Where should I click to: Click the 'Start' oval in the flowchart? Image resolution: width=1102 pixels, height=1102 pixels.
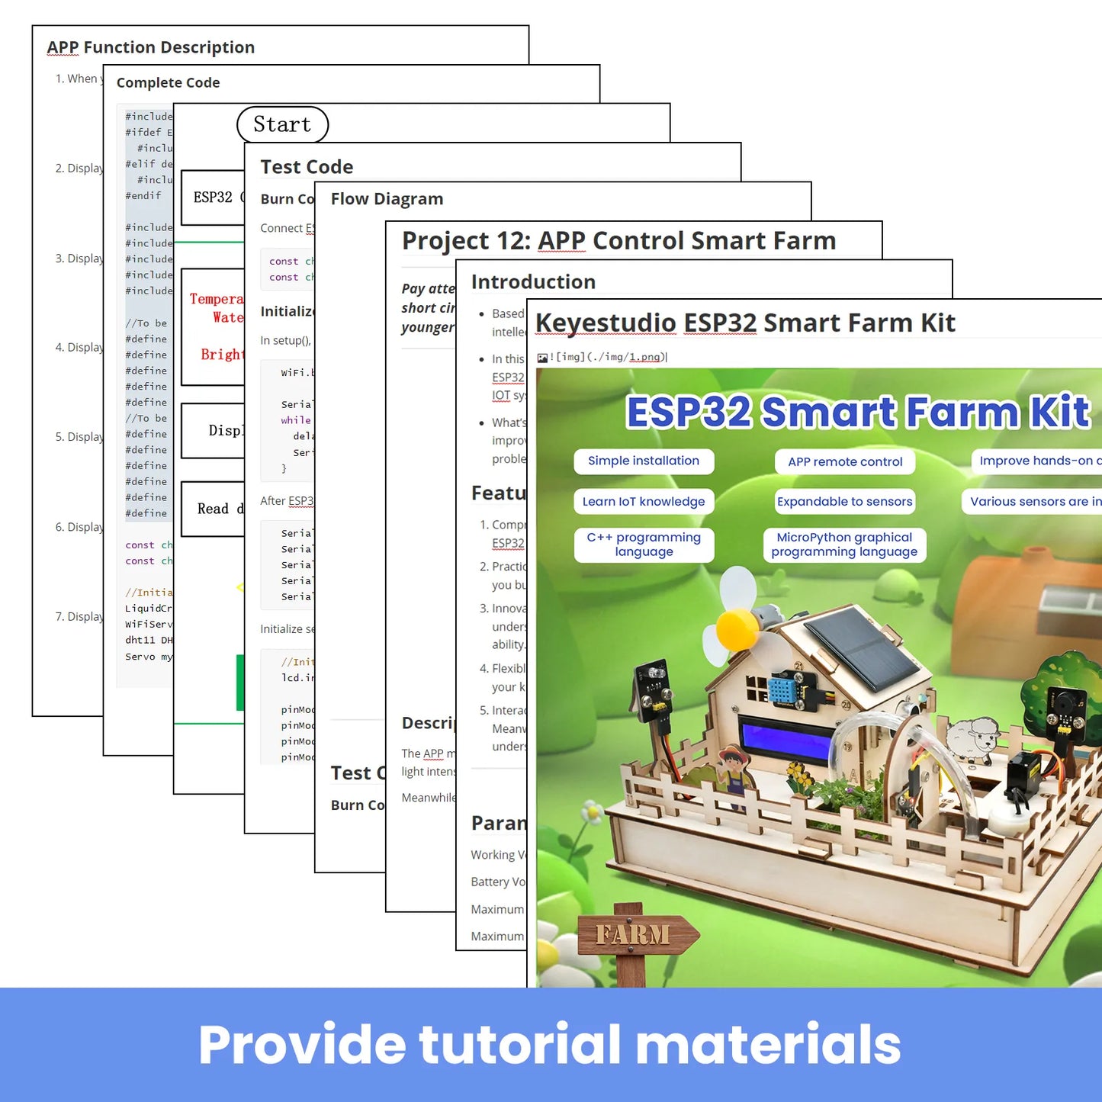point(282,124)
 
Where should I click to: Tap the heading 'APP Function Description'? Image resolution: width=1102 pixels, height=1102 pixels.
point(151,47)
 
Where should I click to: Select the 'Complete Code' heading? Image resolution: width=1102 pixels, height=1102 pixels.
point(168,82)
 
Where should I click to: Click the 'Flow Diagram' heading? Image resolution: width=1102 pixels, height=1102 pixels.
point(387,199)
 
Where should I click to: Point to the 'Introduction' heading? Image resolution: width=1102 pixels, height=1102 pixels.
point(533,282)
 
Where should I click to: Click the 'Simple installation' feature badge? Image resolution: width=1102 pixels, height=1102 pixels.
point(644,461)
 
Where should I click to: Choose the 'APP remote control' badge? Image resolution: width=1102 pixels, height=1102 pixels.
point(845,461)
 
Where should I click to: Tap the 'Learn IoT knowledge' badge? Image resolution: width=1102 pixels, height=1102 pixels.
point(644,501)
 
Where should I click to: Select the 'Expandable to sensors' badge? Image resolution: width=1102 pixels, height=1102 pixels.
point(845,501)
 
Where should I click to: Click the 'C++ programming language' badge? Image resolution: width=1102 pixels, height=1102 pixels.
point(644,545)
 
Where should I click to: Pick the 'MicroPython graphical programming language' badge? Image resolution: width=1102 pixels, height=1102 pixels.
point(844,545)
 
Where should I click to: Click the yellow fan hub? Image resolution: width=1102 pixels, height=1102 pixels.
point(737,628)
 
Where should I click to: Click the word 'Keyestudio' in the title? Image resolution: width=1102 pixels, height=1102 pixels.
point(606,323)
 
